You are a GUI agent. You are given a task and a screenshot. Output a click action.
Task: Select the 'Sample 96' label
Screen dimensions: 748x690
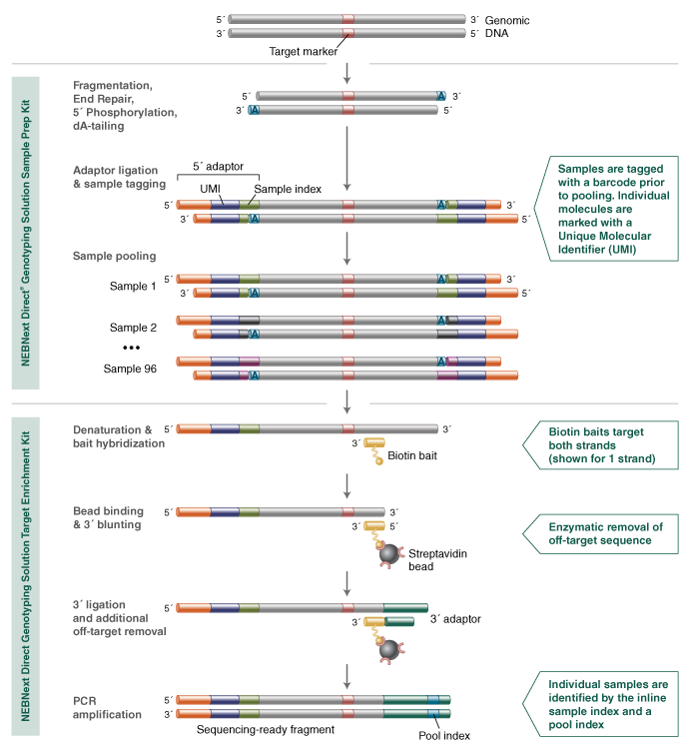131,369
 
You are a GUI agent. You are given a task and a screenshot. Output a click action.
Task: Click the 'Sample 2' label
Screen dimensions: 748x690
134,327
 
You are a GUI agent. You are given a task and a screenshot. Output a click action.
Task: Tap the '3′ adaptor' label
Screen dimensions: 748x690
455,620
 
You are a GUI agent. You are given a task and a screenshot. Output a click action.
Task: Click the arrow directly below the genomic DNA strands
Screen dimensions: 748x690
346,72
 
